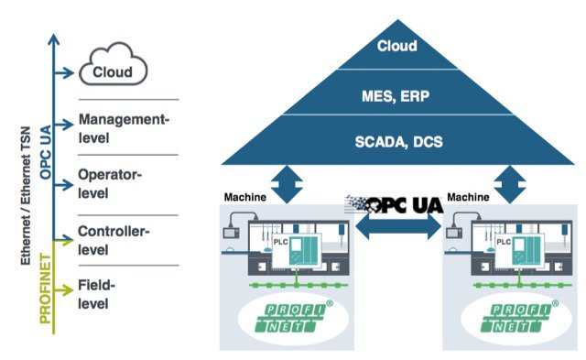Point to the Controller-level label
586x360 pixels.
114,240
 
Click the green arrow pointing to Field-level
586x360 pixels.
65,291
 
